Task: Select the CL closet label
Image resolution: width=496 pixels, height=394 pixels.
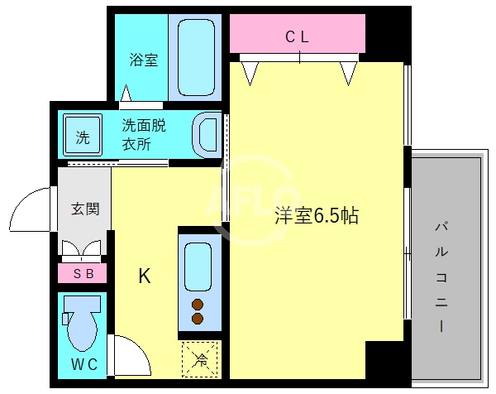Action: [x=298, y=36]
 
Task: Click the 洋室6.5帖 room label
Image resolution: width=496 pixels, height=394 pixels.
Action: [x=317, y=216]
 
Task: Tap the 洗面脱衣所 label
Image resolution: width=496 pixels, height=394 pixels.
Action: [x=144, y=134]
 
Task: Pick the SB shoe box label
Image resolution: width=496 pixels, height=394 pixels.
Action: [x=83, y=273]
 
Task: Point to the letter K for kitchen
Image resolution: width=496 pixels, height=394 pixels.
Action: [x=144, y=276]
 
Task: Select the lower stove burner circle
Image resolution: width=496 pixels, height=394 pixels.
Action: [x=198, y=318]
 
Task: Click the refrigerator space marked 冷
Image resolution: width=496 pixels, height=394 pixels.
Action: [x=199, y=359]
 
